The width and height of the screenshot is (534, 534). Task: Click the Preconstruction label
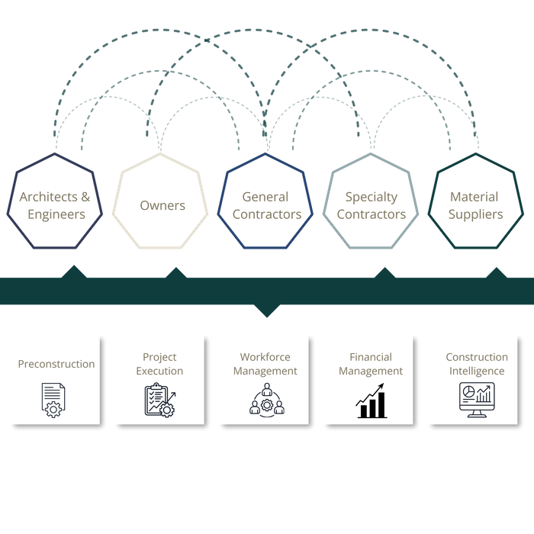pos(56,365)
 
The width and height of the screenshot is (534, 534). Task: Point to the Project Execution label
pos(159,364)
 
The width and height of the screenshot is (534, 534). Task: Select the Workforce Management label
pos(265,364)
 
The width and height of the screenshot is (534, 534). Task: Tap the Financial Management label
pos(371,364)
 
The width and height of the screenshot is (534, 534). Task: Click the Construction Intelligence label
pos(477,364)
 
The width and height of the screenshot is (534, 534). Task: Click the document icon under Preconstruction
pos(53,400)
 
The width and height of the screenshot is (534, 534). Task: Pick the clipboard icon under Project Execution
pos(159,400)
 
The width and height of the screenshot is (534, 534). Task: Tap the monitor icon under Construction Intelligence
pos(477,400)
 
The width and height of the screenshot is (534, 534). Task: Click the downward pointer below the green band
pos(267,310)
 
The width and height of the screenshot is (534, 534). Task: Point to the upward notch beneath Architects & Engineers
pos(74,271)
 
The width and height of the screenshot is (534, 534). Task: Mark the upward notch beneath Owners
pos(175,271)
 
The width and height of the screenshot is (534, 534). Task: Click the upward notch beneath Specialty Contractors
pos(385,271)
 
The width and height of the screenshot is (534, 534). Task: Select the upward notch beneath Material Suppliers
pos(496,271)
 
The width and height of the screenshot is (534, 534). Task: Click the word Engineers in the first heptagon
pos(56,214)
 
